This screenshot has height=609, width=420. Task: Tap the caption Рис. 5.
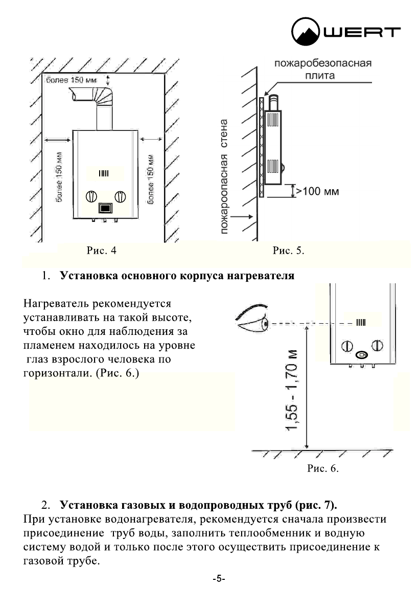[288, 251]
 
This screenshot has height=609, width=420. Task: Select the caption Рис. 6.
[323, 468]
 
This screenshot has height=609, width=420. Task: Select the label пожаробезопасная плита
[322, 70]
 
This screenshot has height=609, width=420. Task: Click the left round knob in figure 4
[91, 196]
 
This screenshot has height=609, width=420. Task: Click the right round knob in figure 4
[121, 196]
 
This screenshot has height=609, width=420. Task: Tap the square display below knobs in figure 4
[106, 208]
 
